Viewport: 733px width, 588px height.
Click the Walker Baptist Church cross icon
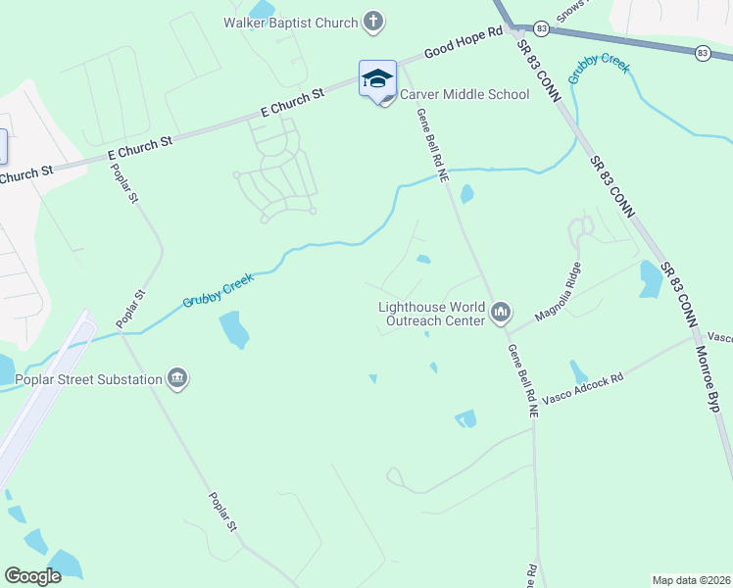[x=372, y=21]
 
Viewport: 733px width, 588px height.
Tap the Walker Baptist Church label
[x=290, y=22]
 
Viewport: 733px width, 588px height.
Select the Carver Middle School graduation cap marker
[x=377, y=79]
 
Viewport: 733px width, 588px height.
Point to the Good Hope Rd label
[x=464, y=45]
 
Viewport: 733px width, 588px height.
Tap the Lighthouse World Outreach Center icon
[x=502, y=314]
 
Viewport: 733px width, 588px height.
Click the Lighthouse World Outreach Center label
[x=432, y=314]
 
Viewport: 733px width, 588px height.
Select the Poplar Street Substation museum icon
[x=177, y=379]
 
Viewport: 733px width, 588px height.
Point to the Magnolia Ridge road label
[x=559, y=293]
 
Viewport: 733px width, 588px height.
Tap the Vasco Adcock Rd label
[x=583, y=390]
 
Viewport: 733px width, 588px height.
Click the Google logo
[x=32, y=576]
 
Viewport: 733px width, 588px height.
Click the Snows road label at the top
[x=570, y=11]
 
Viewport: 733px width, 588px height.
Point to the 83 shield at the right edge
[x=702, y=52]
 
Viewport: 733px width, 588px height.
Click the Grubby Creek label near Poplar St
[x=218, y=291]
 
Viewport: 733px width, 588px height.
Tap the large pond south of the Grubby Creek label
[x=234, y=328]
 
